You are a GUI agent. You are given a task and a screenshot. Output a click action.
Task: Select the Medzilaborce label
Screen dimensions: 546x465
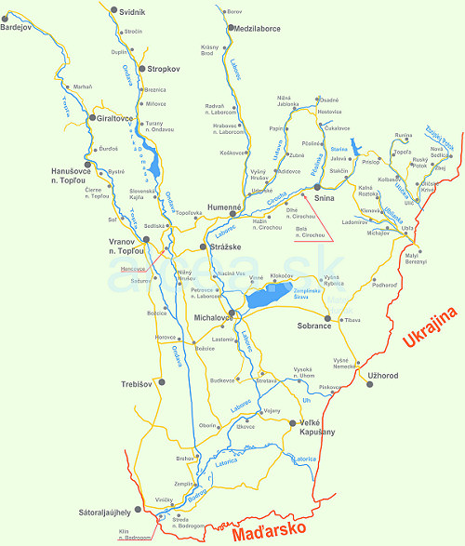coord(246,28)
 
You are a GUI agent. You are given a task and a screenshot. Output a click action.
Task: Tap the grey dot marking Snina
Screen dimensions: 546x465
coord(317,187)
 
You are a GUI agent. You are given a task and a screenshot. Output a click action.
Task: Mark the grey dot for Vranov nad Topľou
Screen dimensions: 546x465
coord(146,239)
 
